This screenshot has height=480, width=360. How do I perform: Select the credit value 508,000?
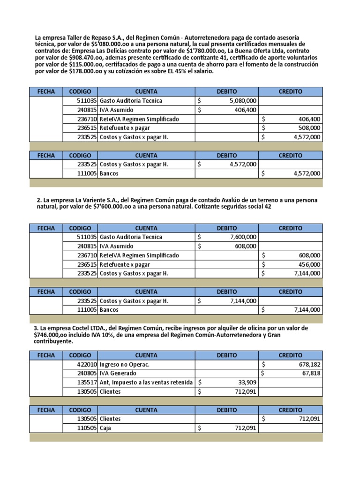[309, 128]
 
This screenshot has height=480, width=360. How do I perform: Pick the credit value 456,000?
[309, 264]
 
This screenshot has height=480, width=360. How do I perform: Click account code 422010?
[87, 364]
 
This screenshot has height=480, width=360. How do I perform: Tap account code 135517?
[87, 382]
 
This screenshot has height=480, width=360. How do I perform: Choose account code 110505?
[87, 428]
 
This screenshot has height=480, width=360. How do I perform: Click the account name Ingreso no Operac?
[124, 364]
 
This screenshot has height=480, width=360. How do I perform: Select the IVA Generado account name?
[118, 374]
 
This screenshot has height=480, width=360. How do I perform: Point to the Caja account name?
[106, 428]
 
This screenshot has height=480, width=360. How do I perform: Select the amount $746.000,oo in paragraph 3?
[54, 335]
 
